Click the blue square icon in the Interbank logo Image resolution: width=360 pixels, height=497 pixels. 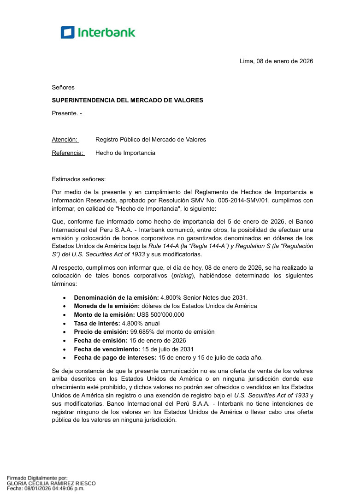click(67, 32)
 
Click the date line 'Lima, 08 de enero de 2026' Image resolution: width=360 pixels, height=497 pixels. click(276, 61)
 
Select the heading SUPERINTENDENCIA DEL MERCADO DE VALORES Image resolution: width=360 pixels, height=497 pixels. click(127, 100)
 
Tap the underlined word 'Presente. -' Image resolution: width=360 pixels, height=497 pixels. click(66, 113)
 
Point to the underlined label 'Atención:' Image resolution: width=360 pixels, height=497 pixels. click(65, 139)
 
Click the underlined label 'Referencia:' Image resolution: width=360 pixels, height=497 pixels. click(67, 153)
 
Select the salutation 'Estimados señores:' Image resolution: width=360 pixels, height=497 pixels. click(79, 179)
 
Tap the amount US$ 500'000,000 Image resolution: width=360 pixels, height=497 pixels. click(160, 314)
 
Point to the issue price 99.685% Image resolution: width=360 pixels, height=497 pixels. click(143, 331)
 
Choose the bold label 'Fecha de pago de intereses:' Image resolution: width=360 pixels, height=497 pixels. click(115, 357)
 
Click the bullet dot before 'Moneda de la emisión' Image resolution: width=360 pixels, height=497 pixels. click(65, 306)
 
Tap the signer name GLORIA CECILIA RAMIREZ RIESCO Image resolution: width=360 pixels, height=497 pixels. click(51, 483)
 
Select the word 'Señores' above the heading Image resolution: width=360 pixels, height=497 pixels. click(63, 87)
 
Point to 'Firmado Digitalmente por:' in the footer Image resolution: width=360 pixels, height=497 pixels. click(37, 478)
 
